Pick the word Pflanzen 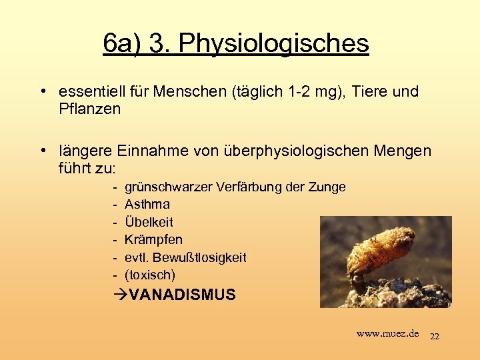(89, 109)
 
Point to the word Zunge (327, 187)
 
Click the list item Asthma (147, 204)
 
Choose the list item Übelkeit (149, 221)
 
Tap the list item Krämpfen (153, 239)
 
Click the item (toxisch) (150, 274)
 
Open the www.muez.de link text (387, 333)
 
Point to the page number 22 (434, 336)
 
